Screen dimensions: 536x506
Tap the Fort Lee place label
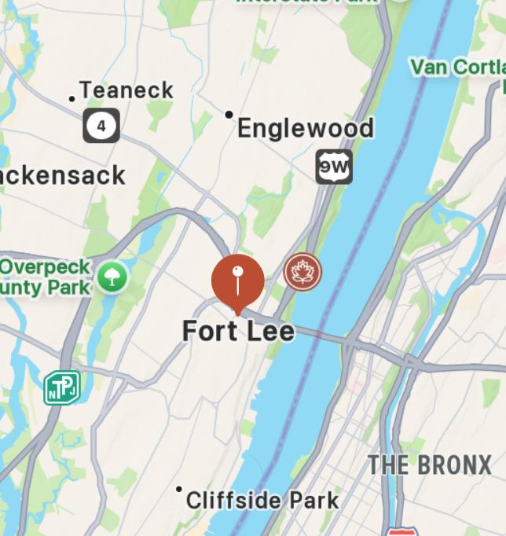pyautogui.click(x=238, y=331)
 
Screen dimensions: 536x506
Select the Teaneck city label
pyautogui.click(x=126, y=90)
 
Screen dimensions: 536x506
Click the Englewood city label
pyautogui.click(x=305, y=127)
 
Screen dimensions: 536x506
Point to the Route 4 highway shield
pyautogui.click(x=101, y=125)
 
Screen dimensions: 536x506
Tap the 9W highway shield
pyautogui.click(x=334, y=167)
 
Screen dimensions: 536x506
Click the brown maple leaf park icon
pyautogui.click(x=302, y=273)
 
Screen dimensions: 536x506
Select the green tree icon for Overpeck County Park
pyautogui.click(x=112, y=276)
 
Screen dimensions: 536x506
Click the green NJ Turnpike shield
pyautogui.click(x=61, y=387)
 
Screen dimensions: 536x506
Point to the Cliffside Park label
pyautogui.click(x=262, y=500)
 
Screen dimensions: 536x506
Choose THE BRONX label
pyautogui.click(x=429, y=464)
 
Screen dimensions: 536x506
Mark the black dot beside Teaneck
pyautogui.click(x=72, y=99)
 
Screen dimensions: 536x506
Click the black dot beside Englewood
pyautogui.click(x=229, y=115)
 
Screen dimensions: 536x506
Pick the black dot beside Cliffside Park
pyautogui.click(x=179, y=490)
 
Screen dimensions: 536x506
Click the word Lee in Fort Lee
pyautogui.click(x=269, y=331)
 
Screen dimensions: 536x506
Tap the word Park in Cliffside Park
pyautogui.click(x=312, y=500)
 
